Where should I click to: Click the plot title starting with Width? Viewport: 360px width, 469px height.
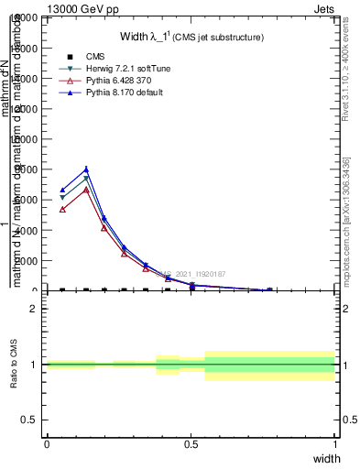(191, 38)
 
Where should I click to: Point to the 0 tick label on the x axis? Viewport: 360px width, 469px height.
(47, 444)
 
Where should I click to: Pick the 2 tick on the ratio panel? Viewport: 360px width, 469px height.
(34, 309)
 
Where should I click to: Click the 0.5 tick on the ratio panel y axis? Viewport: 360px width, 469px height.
(30, 420)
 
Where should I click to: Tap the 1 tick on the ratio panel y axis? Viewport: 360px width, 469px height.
(34, 365)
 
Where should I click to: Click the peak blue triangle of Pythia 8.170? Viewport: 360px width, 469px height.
(86, 169)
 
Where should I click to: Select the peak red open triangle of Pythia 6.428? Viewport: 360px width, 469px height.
(86, 190)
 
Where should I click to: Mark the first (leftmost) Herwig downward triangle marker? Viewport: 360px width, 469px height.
(62, 197)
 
